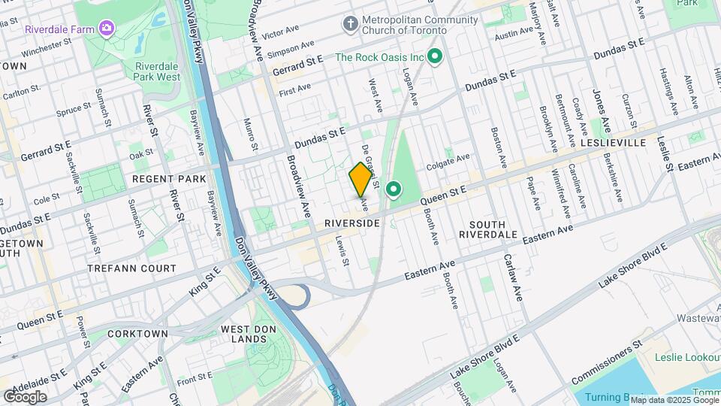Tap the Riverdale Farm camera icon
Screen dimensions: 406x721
pyautogui.click(x=107, y=29)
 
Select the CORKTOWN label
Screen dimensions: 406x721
pyautogui.click(x=137, y=332)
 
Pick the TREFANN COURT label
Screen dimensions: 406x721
pyautogui.click(x=131, y=268)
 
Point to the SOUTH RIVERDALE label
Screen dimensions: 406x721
pyautogui.click(x=493, y=229)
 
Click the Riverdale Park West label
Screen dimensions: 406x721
pyautogui.click(x=158, y=71)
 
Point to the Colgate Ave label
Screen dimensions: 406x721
pyautogui.click(x=448, y=157)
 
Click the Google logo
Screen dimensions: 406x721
pyautogui.click(x=25, y=397)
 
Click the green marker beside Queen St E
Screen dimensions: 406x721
pyautogui.click(x=393, y=189)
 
